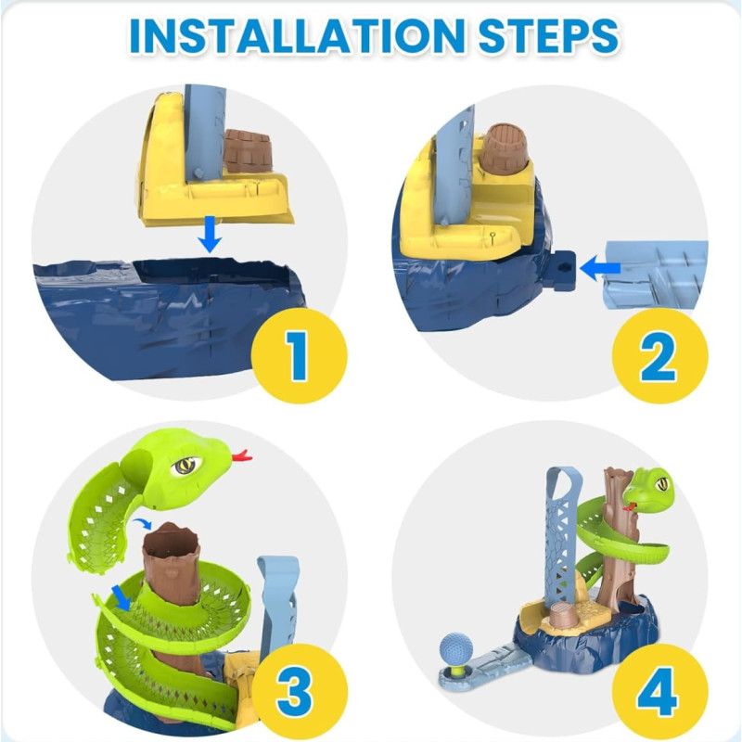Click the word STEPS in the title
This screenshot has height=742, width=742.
pyautogui.click(x=548, y=36)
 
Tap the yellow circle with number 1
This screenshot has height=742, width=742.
pyautogui.click(x=299, y=356)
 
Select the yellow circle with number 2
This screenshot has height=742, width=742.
pyautogui.click(x=659, y=356)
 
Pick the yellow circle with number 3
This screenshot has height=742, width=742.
pyautogui.click(x=299, y=692)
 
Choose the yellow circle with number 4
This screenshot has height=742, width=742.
pyautogui.click(x=659, y=692)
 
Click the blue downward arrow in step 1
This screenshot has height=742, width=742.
pyautogui.click(x=211, y=235)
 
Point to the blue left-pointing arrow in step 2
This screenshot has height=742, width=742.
pyautogui.click(x=599, y=269)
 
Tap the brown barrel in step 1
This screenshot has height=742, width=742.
pyautogui.click(x=248, y=150)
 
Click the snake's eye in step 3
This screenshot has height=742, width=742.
pyautogui.click(x=187, y=467)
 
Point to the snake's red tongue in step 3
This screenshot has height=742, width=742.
pyautogui.click(x=242, y=455)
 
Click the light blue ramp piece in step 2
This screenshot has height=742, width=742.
pyautogui.click(x=656, y=274)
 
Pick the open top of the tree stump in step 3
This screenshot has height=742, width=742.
pyautogui.click(x=172, y=536)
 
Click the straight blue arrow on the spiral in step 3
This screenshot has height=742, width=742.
pyautogui.click(x=122, y=597)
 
